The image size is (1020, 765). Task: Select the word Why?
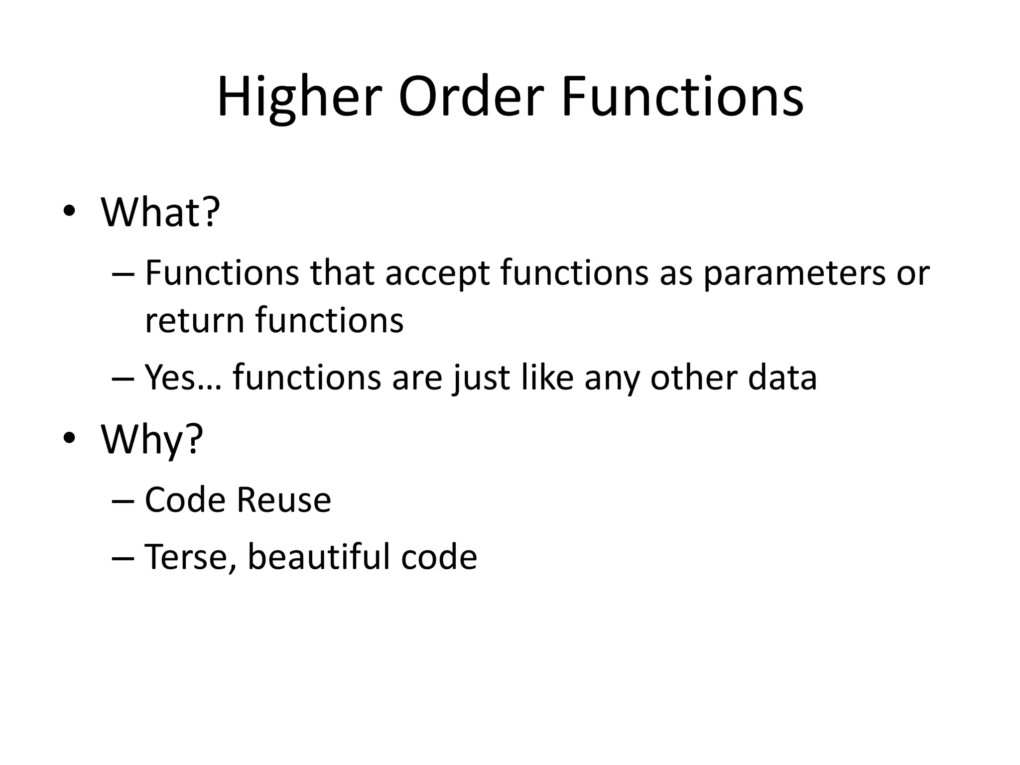pos(152,439)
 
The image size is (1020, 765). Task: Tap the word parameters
pos(794,273)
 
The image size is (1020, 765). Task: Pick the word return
pos(194,320)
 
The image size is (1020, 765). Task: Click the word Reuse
pos(283,500)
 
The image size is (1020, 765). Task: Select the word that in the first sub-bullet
pos(342,273)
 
